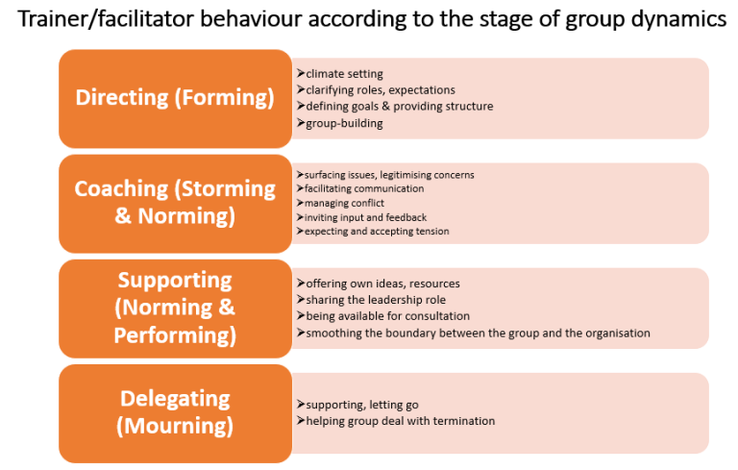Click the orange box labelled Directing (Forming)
pyautogui.click(x=175, y=99)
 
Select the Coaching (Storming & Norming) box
pyautogui.click(x=175, y=204)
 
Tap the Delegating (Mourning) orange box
pyautogui.click(x=175, y=413)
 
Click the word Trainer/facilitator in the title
pyautogui.click(x=106, y=20)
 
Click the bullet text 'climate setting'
pyautogui.click(x=344, y=74)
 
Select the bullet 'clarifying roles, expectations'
pyautogui.click(x=381, y=90)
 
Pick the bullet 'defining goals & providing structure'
pyautogui.click(x=400, y=107)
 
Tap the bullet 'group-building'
pyautogui.click(x=344, y=123)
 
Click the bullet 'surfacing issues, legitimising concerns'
pyautogui.click(x=389, y=175)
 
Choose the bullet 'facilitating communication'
pyautogui.click(x=364, y=188)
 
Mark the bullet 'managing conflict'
pyautogui.click(x=344, y=203)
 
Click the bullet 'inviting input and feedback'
pyautogui.click(x=365, y=217)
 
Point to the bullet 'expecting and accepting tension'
pyautogui.click(x=377, y=232)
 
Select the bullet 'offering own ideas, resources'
pyautogui.click(x=382, y=284)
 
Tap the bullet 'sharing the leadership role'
pyautogui.click(x=376, y=300)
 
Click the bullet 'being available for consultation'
pyautogui.click(x=388, y=316)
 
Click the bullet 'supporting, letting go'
pyautogui.click(x=362, y=405)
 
